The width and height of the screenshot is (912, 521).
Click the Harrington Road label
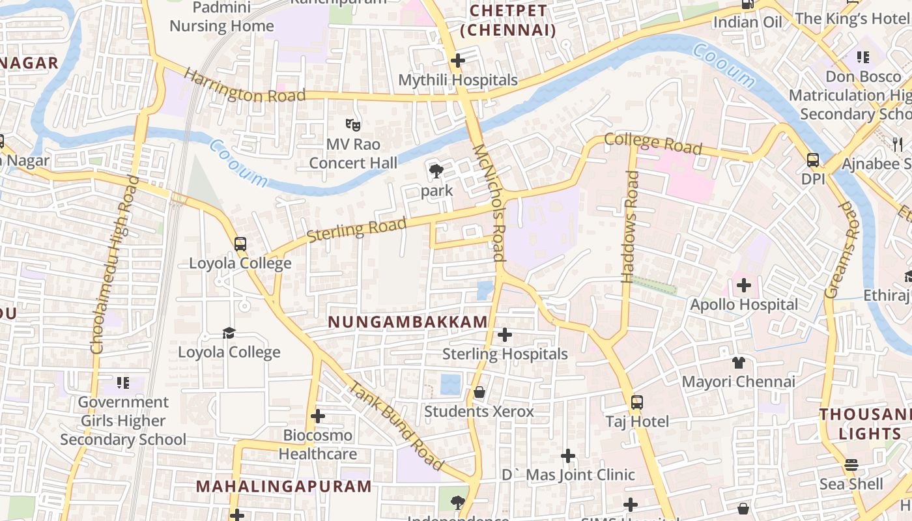244,86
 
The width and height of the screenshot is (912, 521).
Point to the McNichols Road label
490,203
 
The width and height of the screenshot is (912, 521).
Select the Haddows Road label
630,226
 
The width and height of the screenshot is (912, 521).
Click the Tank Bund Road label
396,427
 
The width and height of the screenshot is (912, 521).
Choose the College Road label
653,143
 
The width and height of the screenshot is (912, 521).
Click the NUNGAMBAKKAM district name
408,322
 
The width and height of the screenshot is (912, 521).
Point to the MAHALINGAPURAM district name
284,486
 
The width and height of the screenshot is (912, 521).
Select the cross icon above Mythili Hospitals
458,61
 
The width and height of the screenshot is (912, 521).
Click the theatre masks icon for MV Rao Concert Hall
353,124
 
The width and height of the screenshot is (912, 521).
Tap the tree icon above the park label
436,172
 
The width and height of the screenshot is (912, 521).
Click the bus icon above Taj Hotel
637,402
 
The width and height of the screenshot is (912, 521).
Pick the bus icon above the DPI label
813,160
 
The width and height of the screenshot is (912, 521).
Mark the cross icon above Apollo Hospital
744,285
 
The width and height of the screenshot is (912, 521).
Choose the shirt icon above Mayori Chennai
739,362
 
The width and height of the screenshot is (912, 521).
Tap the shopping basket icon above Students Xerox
479,392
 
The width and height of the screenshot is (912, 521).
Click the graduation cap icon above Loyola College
229,333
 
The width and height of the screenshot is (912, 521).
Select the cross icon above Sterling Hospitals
505,335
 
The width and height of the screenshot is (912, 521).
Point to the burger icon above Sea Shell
851,465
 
